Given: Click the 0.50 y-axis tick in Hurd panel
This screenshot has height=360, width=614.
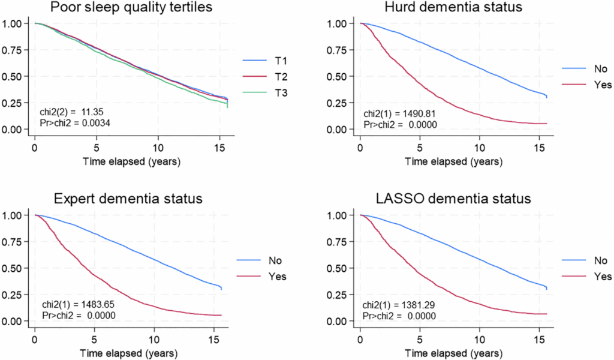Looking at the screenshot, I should click(336, 77).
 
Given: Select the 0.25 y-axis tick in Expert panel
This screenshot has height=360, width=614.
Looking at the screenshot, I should click(13, 295).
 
